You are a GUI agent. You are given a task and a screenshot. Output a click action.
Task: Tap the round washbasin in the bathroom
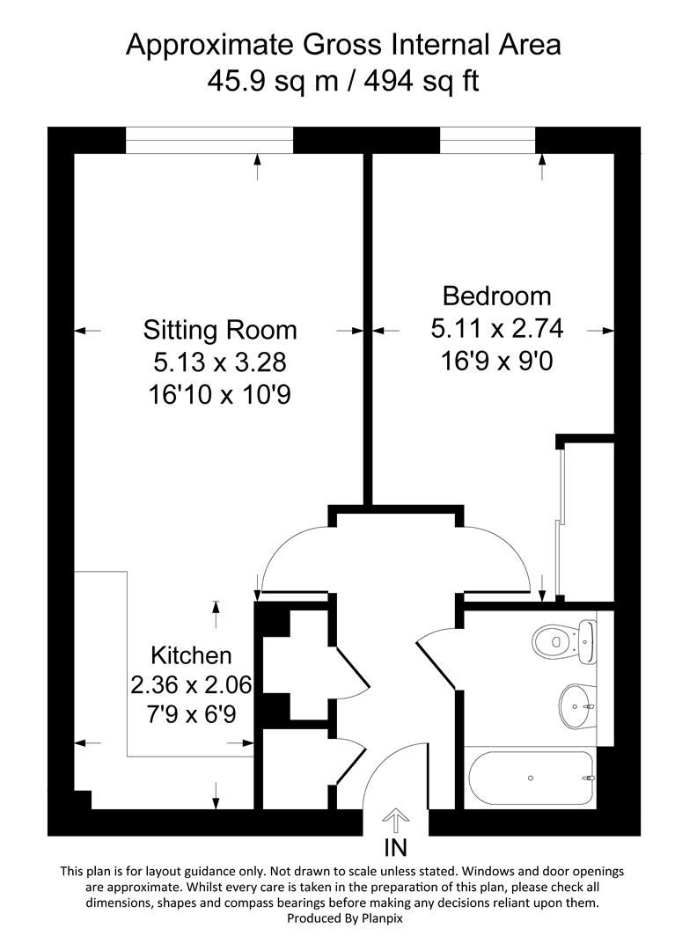[576, 703]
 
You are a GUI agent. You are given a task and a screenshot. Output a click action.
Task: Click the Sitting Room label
[220, 330]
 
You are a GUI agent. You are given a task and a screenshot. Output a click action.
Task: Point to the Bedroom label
[496, 296]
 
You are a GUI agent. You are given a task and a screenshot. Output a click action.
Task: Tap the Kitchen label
[191, 655]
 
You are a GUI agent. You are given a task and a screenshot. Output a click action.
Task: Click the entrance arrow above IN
[396, 821]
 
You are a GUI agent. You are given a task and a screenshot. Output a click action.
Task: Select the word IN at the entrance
[396, 848]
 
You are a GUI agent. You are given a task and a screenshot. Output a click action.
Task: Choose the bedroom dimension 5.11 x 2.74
[496, 329]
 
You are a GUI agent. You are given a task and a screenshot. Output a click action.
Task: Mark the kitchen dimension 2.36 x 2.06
[191, 684]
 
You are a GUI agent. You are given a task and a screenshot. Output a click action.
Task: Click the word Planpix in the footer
[364, 918]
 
